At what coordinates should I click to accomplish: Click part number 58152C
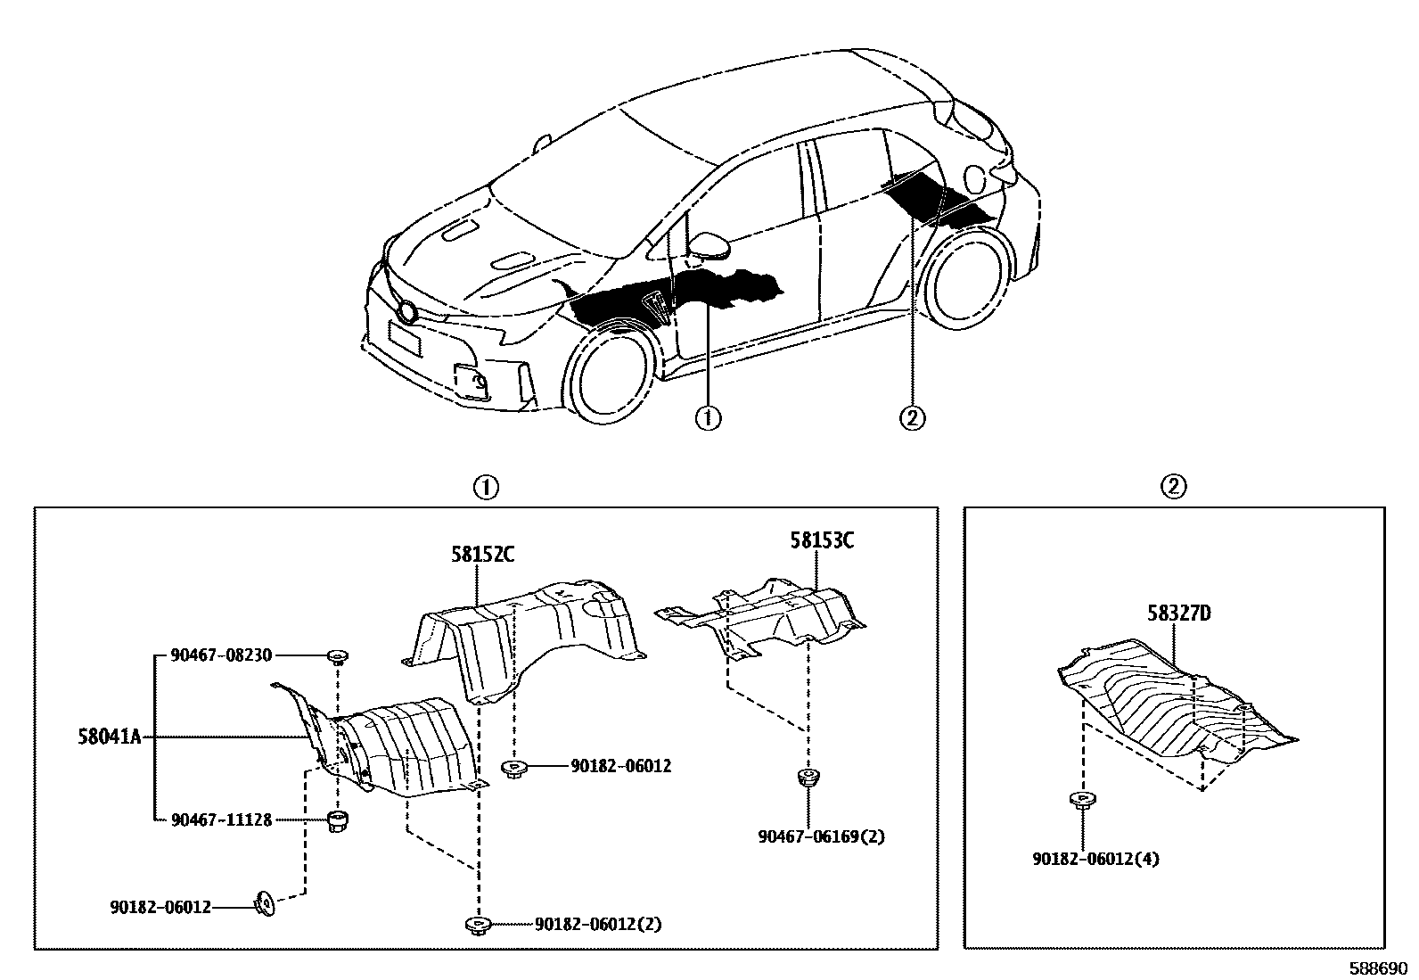pos(481,555)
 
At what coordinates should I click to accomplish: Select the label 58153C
pos(821,540)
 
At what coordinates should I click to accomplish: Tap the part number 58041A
pos(108,738)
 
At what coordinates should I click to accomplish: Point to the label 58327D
pos(1178,614)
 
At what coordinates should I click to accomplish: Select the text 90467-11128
pos(220,819)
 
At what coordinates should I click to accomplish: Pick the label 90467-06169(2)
pos(821,837)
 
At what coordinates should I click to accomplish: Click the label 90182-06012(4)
pos(1095,860)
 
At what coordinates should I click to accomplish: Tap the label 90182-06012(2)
pos(597,925)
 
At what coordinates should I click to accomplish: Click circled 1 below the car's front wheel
pos(708,418)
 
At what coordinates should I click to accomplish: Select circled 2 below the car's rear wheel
pos(913,417)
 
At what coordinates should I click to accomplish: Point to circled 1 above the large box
pos(485,488)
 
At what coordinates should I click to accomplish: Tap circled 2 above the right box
pos(1174,487)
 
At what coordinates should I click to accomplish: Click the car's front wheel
pos(609,376)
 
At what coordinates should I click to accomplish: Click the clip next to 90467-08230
pos(337,658)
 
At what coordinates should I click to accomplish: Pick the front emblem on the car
pos(408,312)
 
